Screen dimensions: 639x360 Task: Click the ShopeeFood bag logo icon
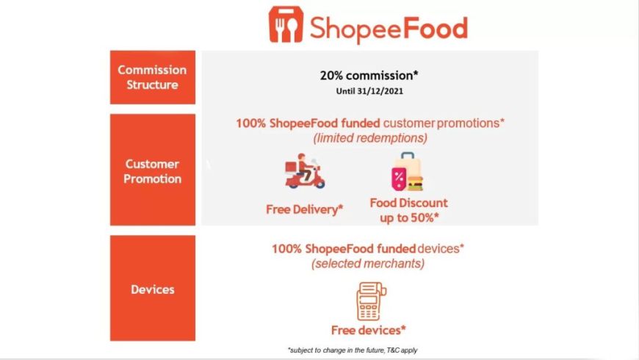(x=286, y=24)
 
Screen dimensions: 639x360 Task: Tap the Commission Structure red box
(x=153, y=77)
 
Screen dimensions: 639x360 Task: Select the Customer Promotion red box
(x=153, y=170)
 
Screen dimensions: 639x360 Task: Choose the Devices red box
(x=153, y=288)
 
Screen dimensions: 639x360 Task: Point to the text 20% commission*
(x=369, y=76)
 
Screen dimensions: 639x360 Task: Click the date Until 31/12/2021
(x=369, y=91)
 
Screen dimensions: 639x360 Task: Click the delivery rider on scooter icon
(x=305, y=171)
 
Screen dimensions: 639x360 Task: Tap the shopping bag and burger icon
(x=408, y=172)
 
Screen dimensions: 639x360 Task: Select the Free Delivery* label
(x=304, y=209)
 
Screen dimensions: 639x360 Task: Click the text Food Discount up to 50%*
(x=409, y=210)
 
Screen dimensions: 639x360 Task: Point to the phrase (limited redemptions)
(x=370, y=138)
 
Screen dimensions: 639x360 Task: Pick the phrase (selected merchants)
(x=368, y=263)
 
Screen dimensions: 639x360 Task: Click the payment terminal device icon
(x=371, y=301)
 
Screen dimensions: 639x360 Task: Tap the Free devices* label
(x=369, y=330)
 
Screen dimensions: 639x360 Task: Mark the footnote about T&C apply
(x=353, y=350)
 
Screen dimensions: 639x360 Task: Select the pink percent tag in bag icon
(x=399, y=179)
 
